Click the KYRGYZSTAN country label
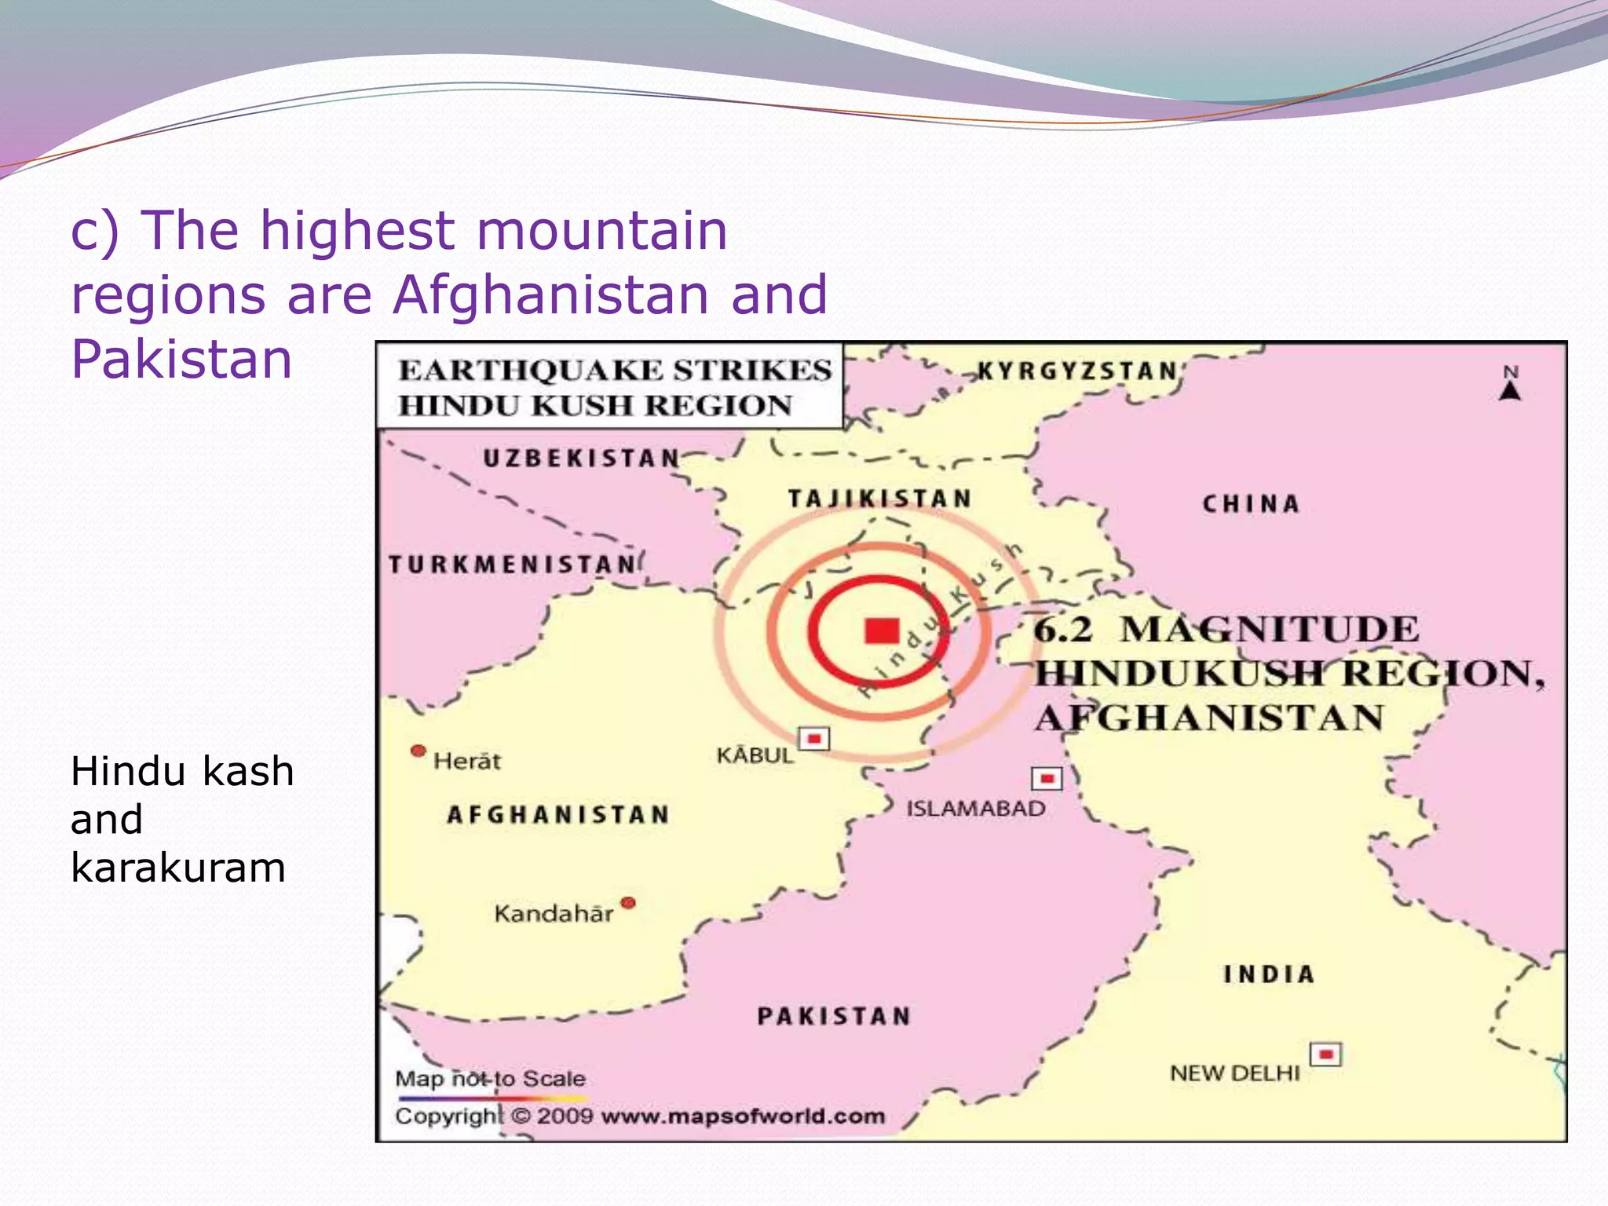coord(1076,371)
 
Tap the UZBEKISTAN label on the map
coord(581,458)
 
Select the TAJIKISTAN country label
coord(879,499)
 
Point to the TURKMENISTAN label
coord(513,565)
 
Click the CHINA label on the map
coord(1251,504)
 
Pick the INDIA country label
coord(1269,974)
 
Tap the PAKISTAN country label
coord(834,1016)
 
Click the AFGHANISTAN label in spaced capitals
coord(558,815)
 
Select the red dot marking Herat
coord(418,751)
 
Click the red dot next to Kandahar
coord(627,903)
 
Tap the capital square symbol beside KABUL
coord(813,739)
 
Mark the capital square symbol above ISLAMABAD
coord(1047,778)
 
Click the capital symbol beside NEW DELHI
coord(1325,1054)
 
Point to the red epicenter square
coord(882,630)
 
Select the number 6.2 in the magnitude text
coord(1062,630)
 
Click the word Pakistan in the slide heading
coord(181,359)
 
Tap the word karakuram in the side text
coord(178,868)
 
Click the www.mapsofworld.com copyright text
coord(743,1116)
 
